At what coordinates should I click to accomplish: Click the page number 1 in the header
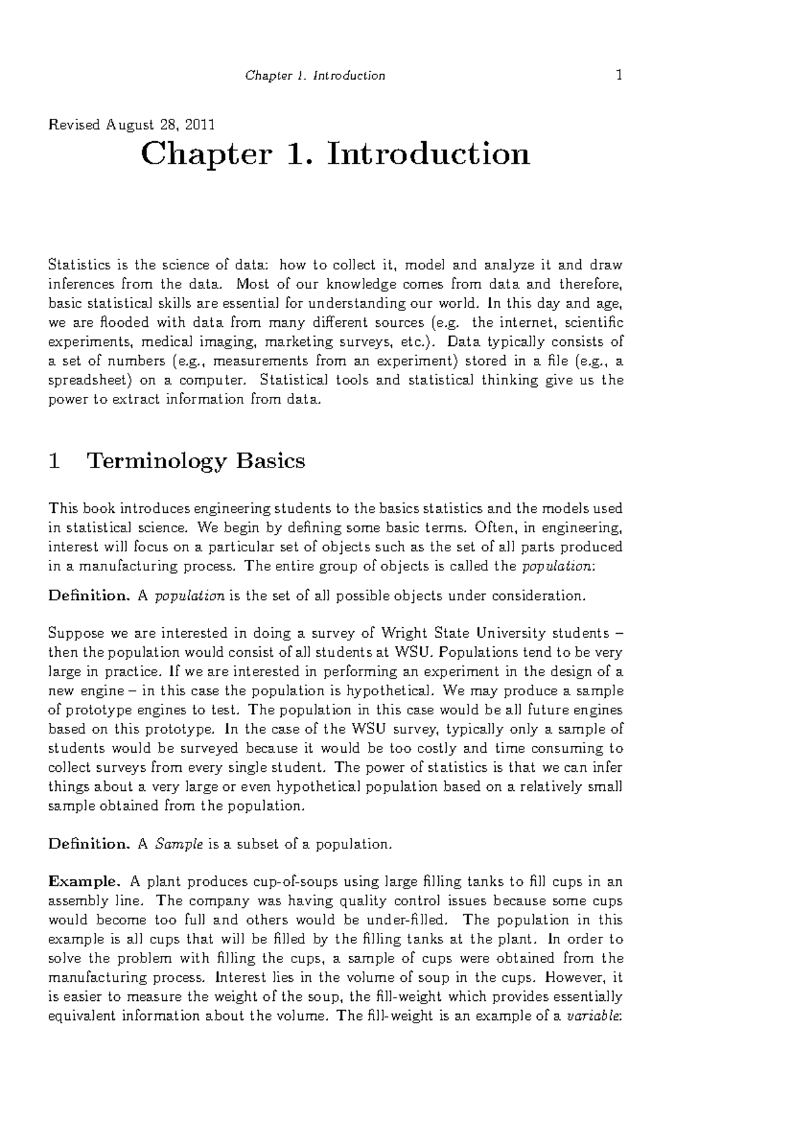coord(618,75)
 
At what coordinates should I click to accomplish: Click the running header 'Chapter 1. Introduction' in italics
coord(315,75)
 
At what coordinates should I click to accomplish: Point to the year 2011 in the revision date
coord(201,124)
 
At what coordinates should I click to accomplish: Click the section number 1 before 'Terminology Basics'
coord(55,460)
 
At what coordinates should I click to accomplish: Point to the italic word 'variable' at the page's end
coord(593,1016)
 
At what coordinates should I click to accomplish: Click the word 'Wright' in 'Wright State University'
coord(404,633)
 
